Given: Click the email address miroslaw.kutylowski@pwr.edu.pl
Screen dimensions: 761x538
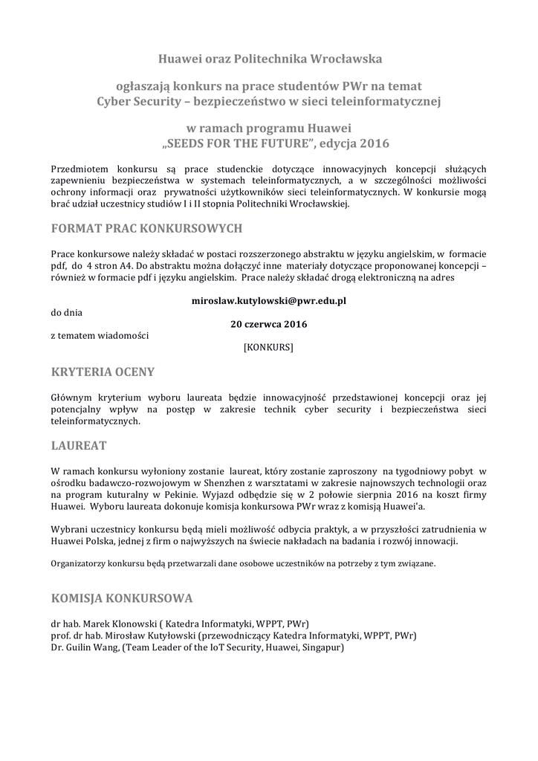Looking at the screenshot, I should (269, 301).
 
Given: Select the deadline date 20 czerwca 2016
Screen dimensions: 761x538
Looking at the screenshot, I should (269, 324).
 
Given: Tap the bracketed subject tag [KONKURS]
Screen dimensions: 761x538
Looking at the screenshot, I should (268, 346).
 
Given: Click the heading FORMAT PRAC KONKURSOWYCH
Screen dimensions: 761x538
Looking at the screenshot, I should (146, 227).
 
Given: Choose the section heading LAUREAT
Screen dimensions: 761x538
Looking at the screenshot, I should (79, 446).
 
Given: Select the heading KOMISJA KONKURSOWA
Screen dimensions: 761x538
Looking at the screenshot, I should (122, 598).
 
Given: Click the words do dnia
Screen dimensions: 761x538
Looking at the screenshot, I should (67, 313).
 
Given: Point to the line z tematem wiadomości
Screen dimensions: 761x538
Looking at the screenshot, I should (100, 335).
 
